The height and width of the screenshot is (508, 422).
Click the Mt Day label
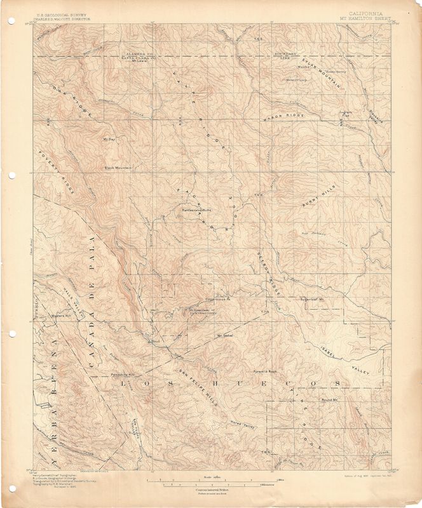tap(107, 138)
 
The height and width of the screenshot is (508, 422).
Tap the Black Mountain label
tap(118, 168)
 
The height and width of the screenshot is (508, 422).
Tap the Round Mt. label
tap(328, 400)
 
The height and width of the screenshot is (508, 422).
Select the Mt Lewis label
tap(139, 62)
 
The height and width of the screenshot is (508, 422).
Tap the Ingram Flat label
tap(345, 115)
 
